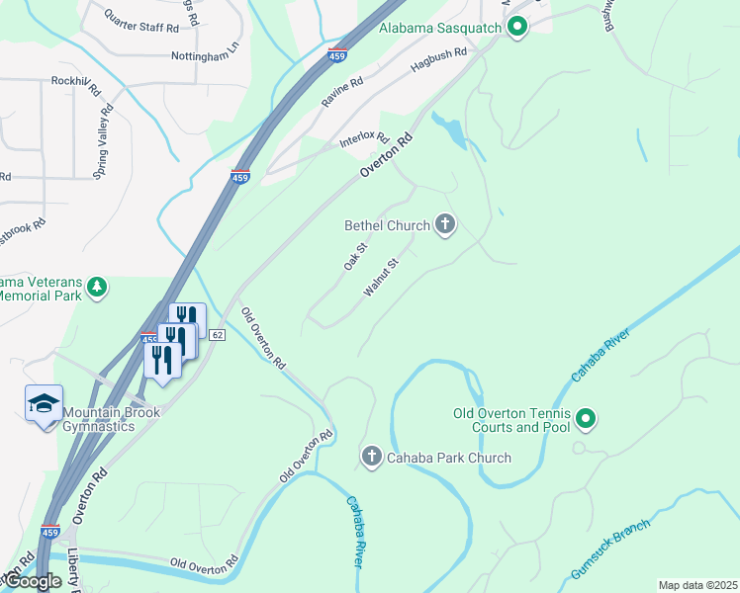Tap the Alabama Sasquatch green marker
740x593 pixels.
point(515,28)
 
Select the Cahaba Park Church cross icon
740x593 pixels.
point(372,457)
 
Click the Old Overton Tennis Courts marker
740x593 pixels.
point(586,420)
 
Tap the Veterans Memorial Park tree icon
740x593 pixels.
point(97,288)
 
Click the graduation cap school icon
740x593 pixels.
point(44,404)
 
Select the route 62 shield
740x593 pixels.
point(218,336)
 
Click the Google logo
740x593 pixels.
point(33,582)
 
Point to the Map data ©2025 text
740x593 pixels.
point(697,585)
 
